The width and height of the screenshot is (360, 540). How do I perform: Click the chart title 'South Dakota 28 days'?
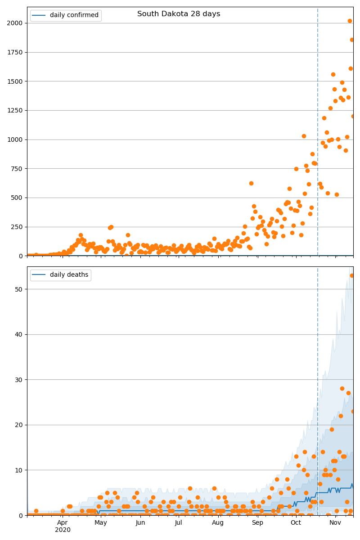click(179, 14)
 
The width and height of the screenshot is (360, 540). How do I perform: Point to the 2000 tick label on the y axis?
click(15, 23)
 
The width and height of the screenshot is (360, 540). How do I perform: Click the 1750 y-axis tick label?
click(15, 52)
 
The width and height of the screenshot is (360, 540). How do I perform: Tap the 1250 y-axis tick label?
click(15, 110)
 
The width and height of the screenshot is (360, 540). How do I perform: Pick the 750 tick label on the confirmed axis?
click(17, 169)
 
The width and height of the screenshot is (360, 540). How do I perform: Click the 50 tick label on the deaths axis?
click(18, 289)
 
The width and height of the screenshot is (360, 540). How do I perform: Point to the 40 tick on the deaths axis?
click(18, 334)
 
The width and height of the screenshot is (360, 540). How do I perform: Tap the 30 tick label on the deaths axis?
click(18, 380)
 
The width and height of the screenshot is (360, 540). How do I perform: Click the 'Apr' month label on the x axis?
click(63, 522)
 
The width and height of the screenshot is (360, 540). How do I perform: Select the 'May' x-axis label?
click(101, 522)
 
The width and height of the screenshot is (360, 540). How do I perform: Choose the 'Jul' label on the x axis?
click(179, 522)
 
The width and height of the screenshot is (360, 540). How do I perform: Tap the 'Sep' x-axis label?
click(257, 522)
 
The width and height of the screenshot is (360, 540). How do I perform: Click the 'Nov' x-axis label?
click(335, 522)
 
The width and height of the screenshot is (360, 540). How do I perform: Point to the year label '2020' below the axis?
click(63, 530)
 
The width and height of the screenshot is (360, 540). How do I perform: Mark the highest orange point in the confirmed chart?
click(350, 21)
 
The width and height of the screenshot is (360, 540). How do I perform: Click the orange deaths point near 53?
click(352, 275)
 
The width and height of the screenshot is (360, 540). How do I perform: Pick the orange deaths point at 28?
click(342, 388)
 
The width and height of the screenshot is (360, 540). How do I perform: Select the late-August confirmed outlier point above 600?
click(251, 183)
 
